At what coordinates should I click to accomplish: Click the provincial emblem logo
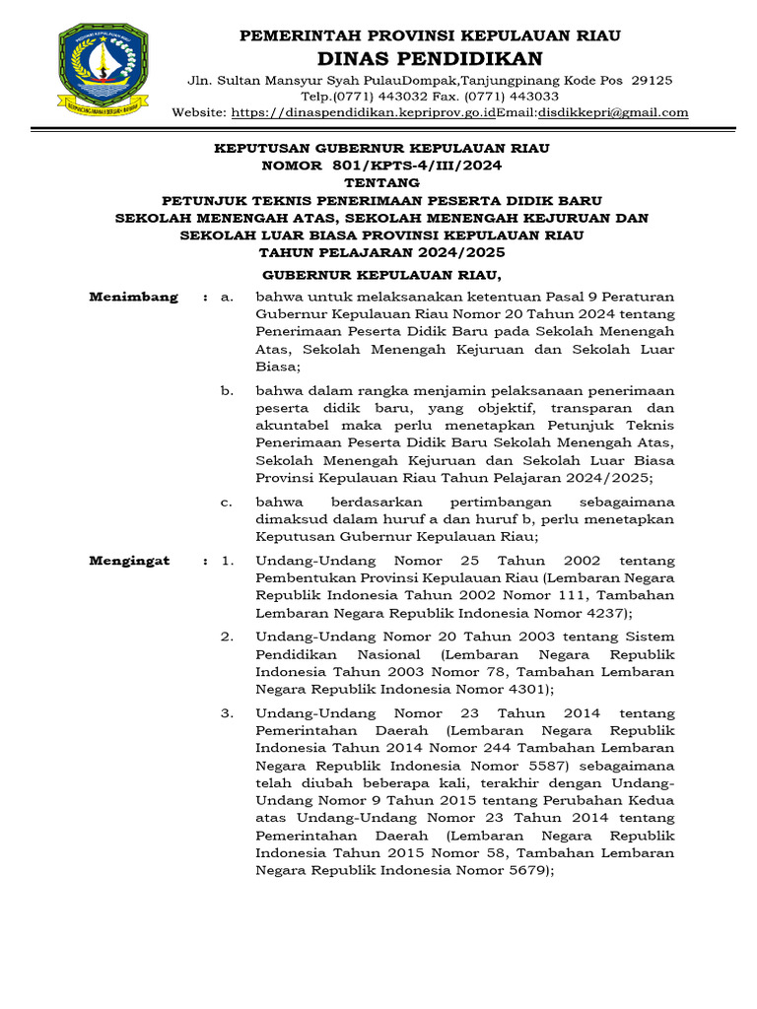[x=103, y=69]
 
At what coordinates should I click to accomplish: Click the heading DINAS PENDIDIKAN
[x=431, y=58]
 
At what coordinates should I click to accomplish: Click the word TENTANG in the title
[x=381, y=183]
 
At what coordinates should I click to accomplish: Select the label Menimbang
[x=134, y=297]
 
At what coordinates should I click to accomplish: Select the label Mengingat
[x=129, y=561]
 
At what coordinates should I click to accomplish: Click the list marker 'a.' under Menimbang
[x=227, y=297]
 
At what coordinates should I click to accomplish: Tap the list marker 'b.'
[x=227, y=391]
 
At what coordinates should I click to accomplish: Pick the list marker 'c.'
[x=227, y=503]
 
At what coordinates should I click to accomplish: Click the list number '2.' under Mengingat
[x=227, y=637]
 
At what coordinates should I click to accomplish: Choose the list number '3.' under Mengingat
[x=227, y=712]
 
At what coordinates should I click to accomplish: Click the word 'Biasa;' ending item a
[x=277, y=365]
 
